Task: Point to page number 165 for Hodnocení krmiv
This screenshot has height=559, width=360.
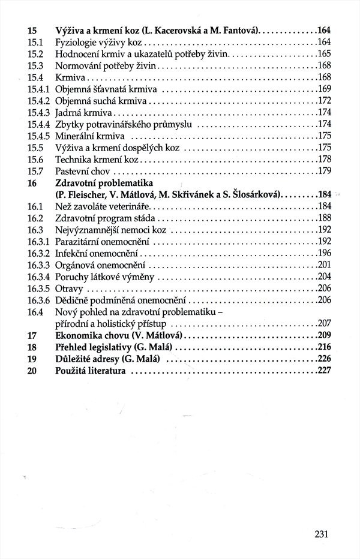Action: coord(325,54)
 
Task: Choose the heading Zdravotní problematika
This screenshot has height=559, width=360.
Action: coord(104,182)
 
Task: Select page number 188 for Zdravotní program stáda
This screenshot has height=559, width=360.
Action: coord(325,218)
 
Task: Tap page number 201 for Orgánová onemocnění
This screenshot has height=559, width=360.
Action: coord(325,265)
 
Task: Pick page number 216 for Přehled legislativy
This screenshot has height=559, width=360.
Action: coord(325,347)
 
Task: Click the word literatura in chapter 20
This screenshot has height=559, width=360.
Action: coord(107,370)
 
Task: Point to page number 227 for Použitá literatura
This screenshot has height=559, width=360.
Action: coord(325,370)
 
